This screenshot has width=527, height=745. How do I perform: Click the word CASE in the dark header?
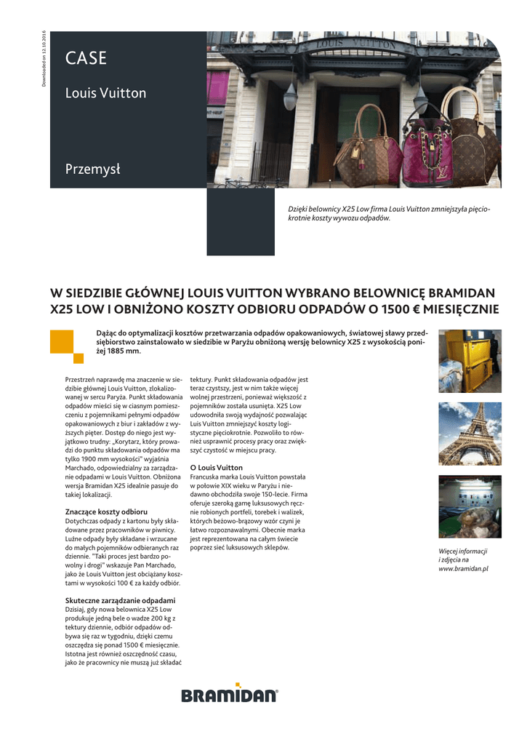coord(86,59)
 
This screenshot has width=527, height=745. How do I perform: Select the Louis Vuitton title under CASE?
coord(105,93)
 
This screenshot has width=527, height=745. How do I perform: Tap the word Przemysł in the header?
coord(92,170)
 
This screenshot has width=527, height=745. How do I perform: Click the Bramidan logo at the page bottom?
coord(230,696)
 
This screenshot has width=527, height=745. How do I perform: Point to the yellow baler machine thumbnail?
coord(470,361)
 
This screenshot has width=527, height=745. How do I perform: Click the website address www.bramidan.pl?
coord(463,568)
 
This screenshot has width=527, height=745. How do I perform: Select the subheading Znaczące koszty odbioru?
coord(106,512)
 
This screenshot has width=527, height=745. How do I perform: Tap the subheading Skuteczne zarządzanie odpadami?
coord(120,600)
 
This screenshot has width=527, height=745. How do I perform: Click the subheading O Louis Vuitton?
coord(217,467)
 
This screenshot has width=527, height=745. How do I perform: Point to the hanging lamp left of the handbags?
coord(291,94)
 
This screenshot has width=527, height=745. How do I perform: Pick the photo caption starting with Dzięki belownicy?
coord(389,213)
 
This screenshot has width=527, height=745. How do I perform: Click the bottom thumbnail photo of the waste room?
coord(470,506)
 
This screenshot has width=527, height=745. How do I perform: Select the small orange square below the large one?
coord(79,357)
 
